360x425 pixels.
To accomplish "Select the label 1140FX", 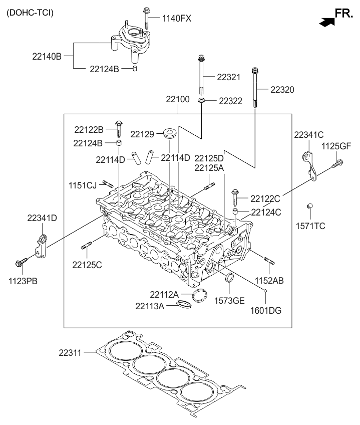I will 176,19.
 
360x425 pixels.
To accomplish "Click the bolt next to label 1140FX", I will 147,18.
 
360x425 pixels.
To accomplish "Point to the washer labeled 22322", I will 201,101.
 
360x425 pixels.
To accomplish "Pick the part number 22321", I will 229,78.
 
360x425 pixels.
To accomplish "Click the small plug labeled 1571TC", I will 310,206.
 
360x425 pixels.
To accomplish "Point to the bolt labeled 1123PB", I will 22,262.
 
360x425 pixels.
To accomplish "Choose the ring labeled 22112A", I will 199,295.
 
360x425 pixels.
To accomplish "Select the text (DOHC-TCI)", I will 30,12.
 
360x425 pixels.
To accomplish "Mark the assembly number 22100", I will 178,99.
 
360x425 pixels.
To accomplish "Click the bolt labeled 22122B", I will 119,128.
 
